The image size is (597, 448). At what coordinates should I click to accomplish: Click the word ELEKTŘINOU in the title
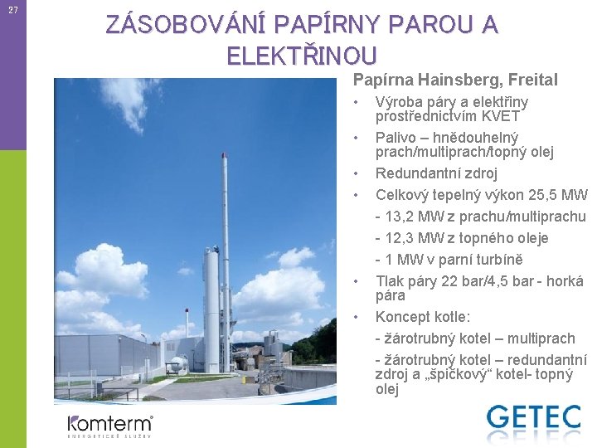pos(302,56)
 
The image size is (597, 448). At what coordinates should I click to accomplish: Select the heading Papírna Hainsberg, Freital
pos(455,80)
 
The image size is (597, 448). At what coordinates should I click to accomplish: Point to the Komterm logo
pos(109,425)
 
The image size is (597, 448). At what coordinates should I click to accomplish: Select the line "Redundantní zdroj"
pos(436,173)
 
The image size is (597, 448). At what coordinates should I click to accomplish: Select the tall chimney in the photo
pos(225,249)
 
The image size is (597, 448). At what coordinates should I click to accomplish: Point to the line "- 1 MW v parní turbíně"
pos(449,260)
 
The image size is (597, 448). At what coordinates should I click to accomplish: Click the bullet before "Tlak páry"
pos(354,281)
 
